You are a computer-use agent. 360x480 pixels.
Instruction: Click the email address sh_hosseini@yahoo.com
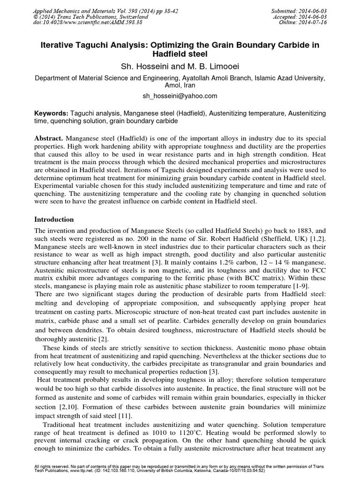[180, 96]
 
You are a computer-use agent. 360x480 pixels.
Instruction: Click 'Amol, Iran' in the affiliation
[180, 86]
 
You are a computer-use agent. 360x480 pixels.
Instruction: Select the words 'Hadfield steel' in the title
[180, 54]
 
